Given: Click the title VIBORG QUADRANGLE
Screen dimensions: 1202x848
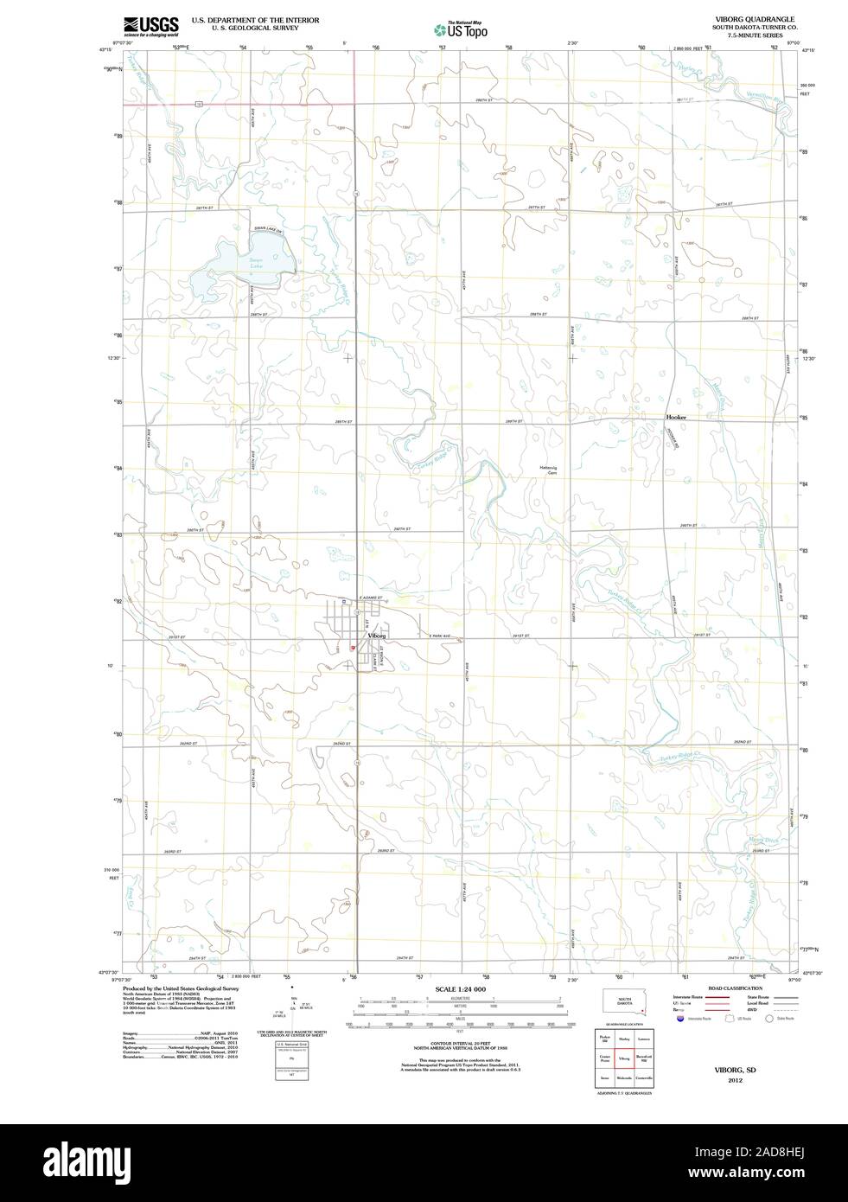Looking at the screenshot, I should click(749, 18).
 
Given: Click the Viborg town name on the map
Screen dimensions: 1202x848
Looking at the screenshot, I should click(376, 636).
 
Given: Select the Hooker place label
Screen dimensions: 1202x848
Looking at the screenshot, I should click(676, 417).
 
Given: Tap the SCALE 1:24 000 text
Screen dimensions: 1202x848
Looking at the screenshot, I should click(460, 988).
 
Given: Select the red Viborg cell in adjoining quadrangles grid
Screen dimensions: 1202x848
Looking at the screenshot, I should click(624, 1058).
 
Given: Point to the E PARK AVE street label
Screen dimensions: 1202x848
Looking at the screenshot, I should click(440, 636).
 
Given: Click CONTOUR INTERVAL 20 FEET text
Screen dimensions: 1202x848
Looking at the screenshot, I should click(460, 1044).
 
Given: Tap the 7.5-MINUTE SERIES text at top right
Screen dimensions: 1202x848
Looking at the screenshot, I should click(749, 35).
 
